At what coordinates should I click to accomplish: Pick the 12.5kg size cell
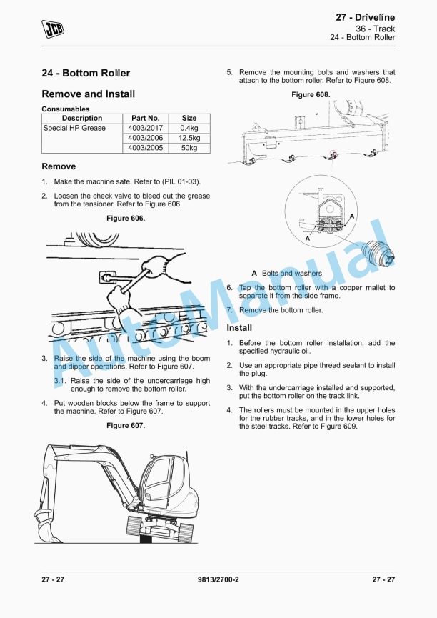tap(189, 139)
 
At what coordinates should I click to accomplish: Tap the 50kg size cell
tap(189, 149)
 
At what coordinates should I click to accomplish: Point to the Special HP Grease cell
tap(74, 129)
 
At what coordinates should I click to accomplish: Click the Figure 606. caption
tap(126, 219)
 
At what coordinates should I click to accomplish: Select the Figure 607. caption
tap(126, 426)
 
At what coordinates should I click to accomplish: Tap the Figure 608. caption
tap(311, 95)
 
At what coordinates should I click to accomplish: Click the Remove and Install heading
tap(89, 94)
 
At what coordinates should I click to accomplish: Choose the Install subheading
tap(239, 328)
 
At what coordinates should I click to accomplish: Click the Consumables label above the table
tap(66, 109)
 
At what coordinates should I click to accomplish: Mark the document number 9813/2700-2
tap(218, 579)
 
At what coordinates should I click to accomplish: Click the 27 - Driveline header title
tap(365, 17)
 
